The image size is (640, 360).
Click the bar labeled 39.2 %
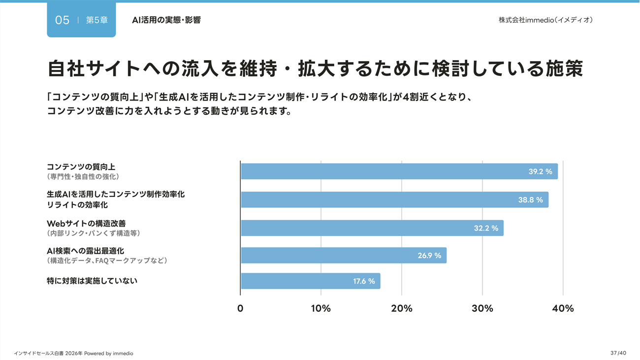[x=399, y=171]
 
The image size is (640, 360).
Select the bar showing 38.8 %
[x=394, y=199]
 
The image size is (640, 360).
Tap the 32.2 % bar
[x=372, y=228]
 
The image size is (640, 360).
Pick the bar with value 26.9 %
[x=344, y=256]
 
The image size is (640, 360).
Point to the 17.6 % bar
[x=310, y=281]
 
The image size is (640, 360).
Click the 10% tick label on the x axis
[x=320, y=309]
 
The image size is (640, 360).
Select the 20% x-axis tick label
[x=402, y=309]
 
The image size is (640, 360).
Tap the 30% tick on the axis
[x=482, y=309]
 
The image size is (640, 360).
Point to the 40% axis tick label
[x=563, y=309]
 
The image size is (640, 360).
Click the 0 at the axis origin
[x=240, y=309]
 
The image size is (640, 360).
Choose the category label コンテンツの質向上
[x=81, y=167]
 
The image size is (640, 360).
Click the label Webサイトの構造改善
[x=86, y=224]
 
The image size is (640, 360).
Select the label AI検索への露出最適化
[x=85, y=251]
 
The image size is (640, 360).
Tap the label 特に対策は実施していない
[x=92, y=281]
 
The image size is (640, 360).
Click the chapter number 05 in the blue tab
[x=62, y=20]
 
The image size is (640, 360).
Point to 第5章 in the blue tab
[x=96, y=20]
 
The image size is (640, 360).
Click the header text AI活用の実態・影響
[x=166, y=20]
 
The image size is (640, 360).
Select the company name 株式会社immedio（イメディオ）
[x=545, y=20]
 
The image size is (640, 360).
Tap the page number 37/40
[x=618, y=353]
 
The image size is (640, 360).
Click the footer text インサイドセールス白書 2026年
[x=48, y=354]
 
